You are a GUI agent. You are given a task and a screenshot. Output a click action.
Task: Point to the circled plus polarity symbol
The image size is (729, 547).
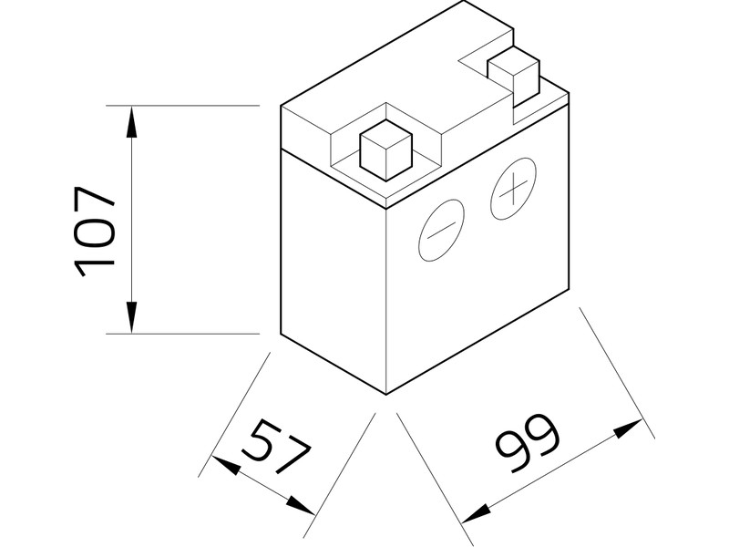click(514, 189)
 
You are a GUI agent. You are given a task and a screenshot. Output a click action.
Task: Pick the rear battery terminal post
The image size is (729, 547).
click(516, 76)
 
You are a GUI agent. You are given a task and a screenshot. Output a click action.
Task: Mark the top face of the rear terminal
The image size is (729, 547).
click(515, 63)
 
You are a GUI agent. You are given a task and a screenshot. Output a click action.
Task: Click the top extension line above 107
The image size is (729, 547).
click(182, 106)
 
